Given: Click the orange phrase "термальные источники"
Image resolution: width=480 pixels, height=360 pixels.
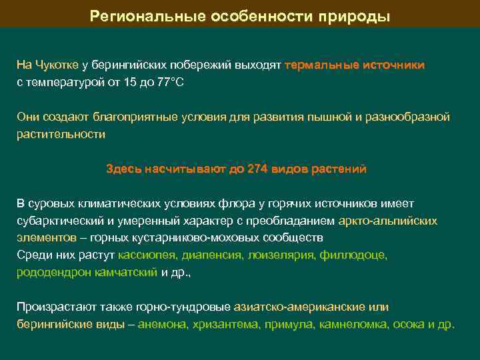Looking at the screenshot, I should [354, 65].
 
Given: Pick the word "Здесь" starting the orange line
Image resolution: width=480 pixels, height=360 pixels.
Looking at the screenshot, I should [123, 169].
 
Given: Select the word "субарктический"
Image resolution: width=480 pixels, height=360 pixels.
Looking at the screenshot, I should [58, 221].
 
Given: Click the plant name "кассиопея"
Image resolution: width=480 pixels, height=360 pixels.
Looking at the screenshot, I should [146, 255].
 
